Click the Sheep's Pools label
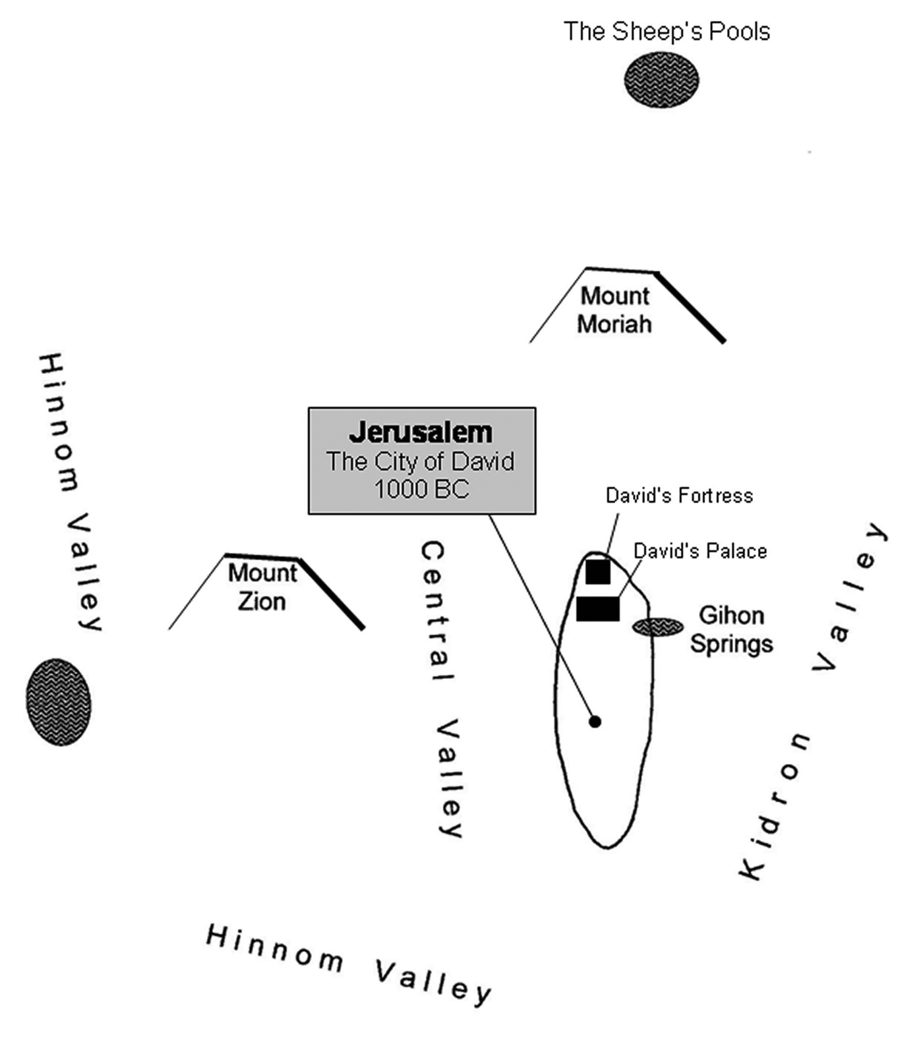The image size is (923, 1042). pos(667,32)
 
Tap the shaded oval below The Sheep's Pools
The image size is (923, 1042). pos(661,80)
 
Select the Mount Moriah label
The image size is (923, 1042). pos(614,310)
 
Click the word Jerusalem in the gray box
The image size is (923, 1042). pos(421,432)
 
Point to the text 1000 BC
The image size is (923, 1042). pos(421,489)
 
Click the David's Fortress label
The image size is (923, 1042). pos(679,496)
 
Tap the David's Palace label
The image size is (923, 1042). pos(700,551)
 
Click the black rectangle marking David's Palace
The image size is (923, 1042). pos(598,609)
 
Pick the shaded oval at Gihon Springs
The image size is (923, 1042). pos(658,627)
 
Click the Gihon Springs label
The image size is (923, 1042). pos(732,630)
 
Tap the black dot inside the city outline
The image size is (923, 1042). pos(595,722)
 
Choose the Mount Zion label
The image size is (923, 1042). pos(262,587)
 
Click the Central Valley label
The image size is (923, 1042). pos(441,689)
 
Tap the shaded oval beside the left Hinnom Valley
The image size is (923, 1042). pos(59,702)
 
